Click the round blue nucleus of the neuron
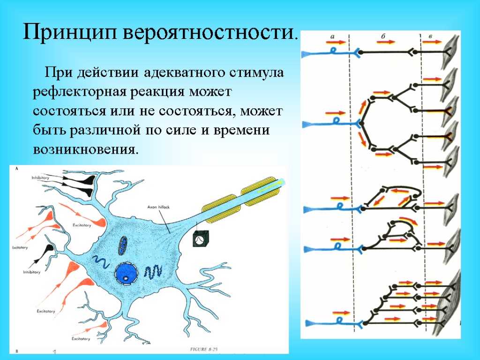[x=126, y=273]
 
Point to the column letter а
[x=332, y=36]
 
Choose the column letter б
[x=383, y=36]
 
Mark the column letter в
[x=431, y=36]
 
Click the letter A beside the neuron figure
[x=18, y=168]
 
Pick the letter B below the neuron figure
[x=17, y=350]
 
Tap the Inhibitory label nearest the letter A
[x=41, y=178]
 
